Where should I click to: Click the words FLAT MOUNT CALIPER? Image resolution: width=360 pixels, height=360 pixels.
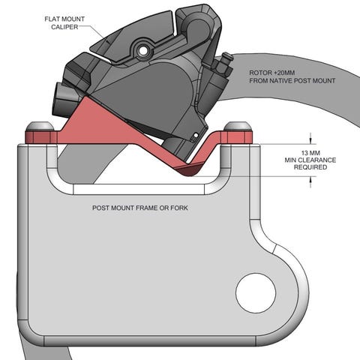pos(64,23)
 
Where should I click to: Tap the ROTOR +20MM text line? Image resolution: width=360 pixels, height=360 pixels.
pos(272,73)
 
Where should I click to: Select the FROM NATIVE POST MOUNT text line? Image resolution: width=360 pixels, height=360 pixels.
pos(292,81)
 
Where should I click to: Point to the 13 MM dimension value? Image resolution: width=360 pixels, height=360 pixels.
pos(310,153)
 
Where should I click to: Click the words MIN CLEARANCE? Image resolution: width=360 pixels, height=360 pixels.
pos(310,160)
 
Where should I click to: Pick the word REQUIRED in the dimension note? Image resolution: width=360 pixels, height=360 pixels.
pos(310,167)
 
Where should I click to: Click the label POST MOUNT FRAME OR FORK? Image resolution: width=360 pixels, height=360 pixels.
pos(140,208)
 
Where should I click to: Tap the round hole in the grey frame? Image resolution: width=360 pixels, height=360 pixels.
pos(256,292)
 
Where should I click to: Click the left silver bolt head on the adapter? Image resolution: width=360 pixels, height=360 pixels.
pos(40,127)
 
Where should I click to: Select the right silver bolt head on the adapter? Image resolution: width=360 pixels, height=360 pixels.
pos(238,126)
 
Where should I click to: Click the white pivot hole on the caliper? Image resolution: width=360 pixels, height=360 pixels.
pos(143,51)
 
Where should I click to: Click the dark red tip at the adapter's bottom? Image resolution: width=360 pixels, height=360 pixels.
pos(188,169)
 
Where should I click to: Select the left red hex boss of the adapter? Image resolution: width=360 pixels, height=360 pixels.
pos(41,137)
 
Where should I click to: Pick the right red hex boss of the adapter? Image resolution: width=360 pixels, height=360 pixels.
pos(236,137)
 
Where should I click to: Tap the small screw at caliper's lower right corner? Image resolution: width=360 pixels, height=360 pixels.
pos(196,136)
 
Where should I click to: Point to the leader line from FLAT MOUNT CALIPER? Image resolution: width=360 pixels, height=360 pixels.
pos(91,31)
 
